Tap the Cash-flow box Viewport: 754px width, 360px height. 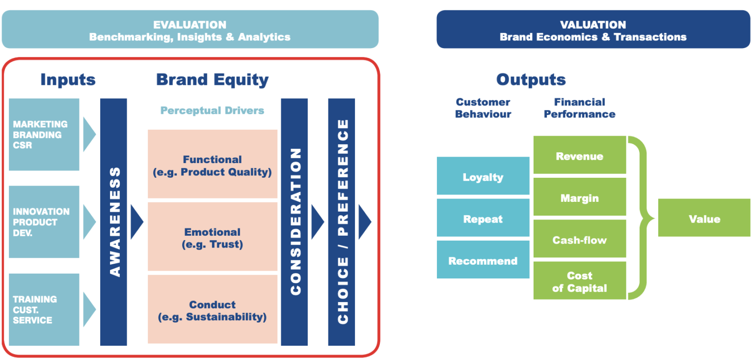[x=579, y=239]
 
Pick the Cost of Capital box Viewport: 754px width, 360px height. [x=579, y=281]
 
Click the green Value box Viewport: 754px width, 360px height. [x=704, y=218]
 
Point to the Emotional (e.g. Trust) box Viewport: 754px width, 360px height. [x=212, y=237]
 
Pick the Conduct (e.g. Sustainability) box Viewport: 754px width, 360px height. [x=212, y=310]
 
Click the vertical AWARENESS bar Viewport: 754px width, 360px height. [x=113, y=222]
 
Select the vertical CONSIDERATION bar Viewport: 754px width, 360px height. [x=295, y=222]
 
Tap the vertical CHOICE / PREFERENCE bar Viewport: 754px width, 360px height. [x=342, y=222]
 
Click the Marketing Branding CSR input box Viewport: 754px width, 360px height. [x=44, y=135]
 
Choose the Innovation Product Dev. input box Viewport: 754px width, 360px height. [x=44, y=222]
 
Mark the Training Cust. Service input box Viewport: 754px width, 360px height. [x=44, y=309]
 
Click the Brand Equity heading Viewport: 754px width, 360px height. [x=212, y=80]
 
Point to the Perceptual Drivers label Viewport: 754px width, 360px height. [x=212, y=111]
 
